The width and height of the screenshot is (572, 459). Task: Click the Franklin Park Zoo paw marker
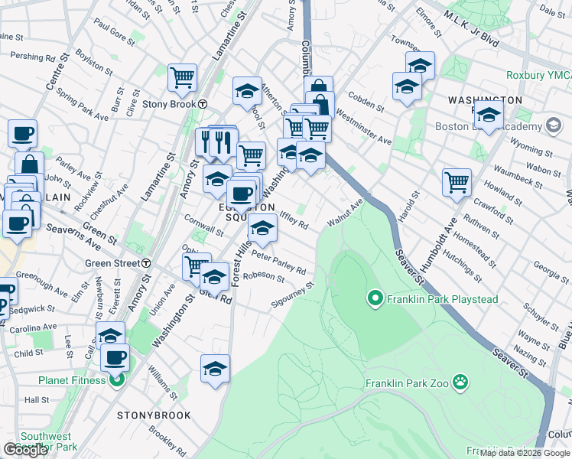point(460,381)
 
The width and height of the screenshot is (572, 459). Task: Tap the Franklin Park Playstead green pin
point(375,297)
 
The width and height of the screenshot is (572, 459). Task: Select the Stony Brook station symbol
point(203,104)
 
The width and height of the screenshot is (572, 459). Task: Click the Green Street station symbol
point(145,263)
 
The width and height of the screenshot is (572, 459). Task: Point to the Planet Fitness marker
point(116,379)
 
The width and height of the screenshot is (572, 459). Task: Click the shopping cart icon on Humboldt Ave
point(457,183)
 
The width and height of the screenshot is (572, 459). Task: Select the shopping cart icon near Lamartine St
point(183,77)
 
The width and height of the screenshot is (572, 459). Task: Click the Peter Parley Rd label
point(279,262)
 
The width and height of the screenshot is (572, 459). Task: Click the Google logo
point(25,450)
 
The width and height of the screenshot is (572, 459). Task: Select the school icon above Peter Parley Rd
point(262,228)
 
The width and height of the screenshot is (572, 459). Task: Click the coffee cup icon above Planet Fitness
point(115,356)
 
